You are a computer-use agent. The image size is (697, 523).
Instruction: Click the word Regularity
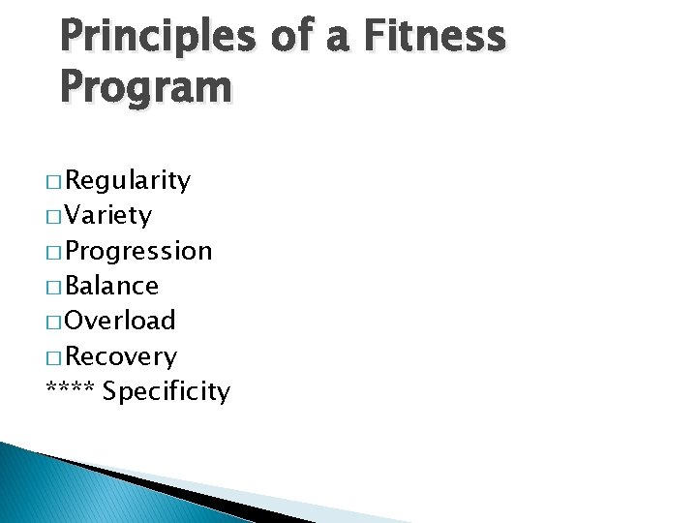pyautogui.click(x=129, y=181)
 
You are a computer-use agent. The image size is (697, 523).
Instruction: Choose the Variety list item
pyautogui.click(x=109, y=215)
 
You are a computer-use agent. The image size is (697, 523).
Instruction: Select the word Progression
pyautogui.click(x=139, y=251)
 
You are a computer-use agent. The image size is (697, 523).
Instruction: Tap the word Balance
pyautogui.click(x=113, y=286)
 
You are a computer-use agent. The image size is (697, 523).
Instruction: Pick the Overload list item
pyautogui.click(x=121, y=321)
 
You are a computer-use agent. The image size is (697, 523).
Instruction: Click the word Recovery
pyautogui.click(x=122, y=356)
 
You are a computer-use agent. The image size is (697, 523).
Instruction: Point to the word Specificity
pyautogui.click(x=167, y=392)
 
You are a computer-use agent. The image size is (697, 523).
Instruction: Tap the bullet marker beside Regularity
pyautogui.click(x=54, y=182)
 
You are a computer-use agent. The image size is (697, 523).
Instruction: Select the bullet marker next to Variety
pyautogui.click(x=54, y=217)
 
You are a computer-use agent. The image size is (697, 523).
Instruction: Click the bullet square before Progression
pyautogui.click(x=54, y=252)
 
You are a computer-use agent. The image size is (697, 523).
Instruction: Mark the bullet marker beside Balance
pyautogui.click(x=54, y=287)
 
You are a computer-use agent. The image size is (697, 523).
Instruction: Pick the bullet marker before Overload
pyautogui.click(x=54, y=322)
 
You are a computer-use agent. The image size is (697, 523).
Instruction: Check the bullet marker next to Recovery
pyautogui.click(x=54, y=357)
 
